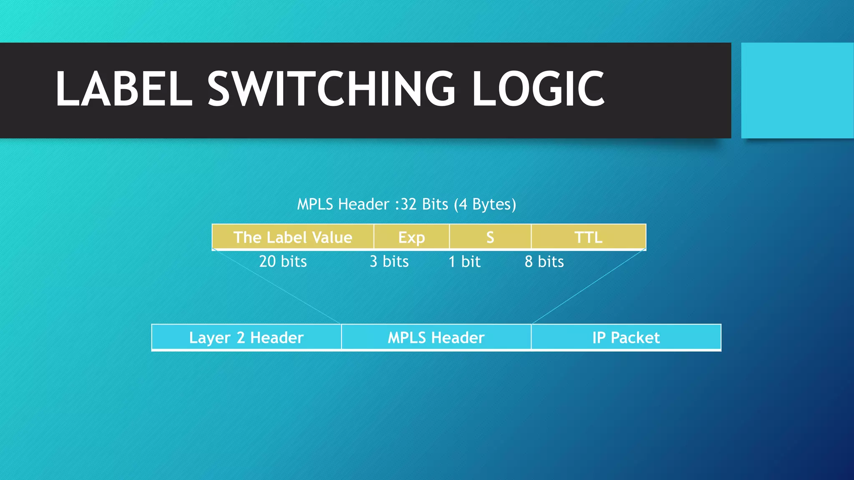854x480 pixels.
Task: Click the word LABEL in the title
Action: [124, 88]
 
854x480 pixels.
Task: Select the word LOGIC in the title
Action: [538, 88]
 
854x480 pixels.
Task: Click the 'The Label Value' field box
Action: [293, 237]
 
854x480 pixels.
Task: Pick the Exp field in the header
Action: [412, 237]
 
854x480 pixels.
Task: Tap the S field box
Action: [490, 237]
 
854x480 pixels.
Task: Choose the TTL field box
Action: [588, 237]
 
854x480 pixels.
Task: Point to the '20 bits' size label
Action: [283, 262]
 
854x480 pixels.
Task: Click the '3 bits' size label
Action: [389, 262]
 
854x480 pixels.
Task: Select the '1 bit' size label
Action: [465, 262]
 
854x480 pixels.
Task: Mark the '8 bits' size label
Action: [544, 262]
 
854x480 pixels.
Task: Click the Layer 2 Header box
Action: [246, 337]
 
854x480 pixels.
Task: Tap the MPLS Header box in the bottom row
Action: [436, 337]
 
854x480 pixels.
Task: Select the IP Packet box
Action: [626, 337]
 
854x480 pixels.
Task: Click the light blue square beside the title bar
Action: [797, 90]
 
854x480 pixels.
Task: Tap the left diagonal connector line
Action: [277, 286]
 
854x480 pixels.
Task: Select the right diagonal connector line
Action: [589, 286]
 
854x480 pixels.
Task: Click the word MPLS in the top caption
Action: [315, 204]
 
